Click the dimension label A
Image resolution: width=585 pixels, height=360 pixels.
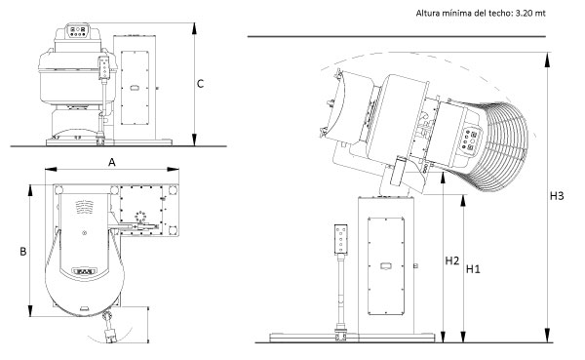pos(112,163)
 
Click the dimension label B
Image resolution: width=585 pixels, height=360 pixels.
pos(23,252)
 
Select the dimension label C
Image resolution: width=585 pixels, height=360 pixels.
pos(200,84)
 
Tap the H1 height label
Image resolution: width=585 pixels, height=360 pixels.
pos(473,269)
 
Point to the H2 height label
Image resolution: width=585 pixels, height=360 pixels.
pos(451,260)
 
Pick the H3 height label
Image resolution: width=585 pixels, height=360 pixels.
pos(557,196)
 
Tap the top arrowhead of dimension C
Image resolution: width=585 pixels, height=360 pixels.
pos(194,28)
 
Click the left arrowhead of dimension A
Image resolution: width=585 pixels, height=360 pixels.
pos(51,169)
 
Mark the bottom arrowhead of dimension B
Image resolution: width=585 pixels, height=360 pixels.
pos(31,311)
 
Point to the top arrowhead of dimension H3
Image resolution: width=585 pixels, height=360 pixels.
pos(547,60)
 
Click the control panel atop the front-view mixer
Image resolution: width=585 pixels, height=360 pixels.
pos(78,31)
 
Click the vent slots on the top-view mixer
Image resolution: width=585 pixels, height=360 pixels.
pos(84,206)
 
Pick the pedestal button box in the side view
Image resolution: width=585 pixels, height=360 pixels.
pos(341,239)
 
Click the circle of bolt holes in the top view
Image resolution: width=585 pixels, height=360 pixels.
pos(140,217)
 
